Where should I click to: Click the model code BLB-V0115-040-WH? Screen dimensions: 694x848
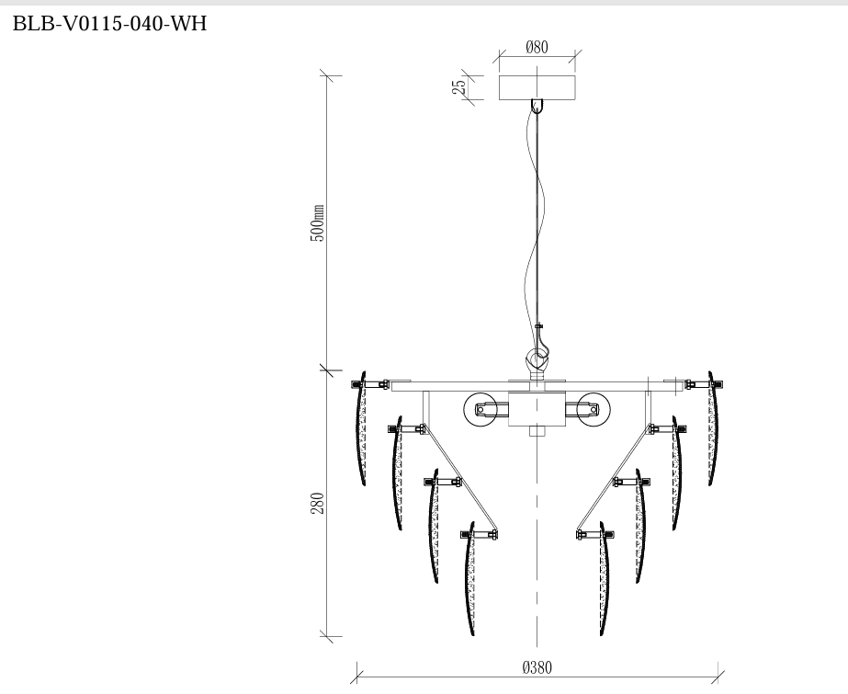pyautogui.click(x=109, y=24)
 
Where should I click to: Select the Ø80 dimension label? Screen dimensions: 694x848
pyautogui.click(x=537, y=48)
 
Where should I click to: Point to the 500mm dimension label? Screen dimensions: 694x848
pyautogui.click(x=318, y=223)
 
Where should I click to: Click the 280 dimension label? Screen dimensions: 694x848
pyautogui.click(x=318, y=503)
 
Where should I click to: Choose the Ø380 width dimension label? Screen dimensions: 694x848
pyautogui.click(x=537, y=668)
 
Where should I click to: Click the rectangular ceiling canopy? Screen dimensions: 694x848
pyautogui.click(x=537, y=87)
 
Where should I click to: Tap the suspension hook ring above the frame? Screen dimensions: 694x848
pyautogui.click(x=537, y=356)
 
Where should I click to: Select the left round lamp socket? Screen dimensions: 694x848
pyautogui.click(x=481, y=409)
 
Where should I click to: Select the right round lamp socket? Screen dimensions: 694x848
pyautogui.click(x=594, y=409)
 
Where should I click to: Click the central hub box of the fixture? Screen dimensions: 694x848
pyautogui.click(x=537, y=409)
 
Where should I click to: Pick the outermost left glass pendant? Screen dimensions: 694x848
pyautogui.click(x=361, y=430)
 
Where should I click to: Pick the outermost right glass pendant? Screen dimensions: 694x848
pyautogui.click(x=712, y=430)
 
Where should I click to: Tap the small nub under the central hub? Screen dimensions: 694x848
pyautogui.click(x=537, y=430)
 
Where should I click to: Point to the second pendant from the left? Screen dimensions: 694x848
pyautogui.click(x=397, y=474)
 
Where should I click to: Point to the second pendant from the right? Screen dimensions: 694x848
pyautogui.click(x=676, y=474)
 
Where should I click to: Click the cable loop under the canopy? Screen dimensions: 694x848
pyautogui.click(x=537, y=106)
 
